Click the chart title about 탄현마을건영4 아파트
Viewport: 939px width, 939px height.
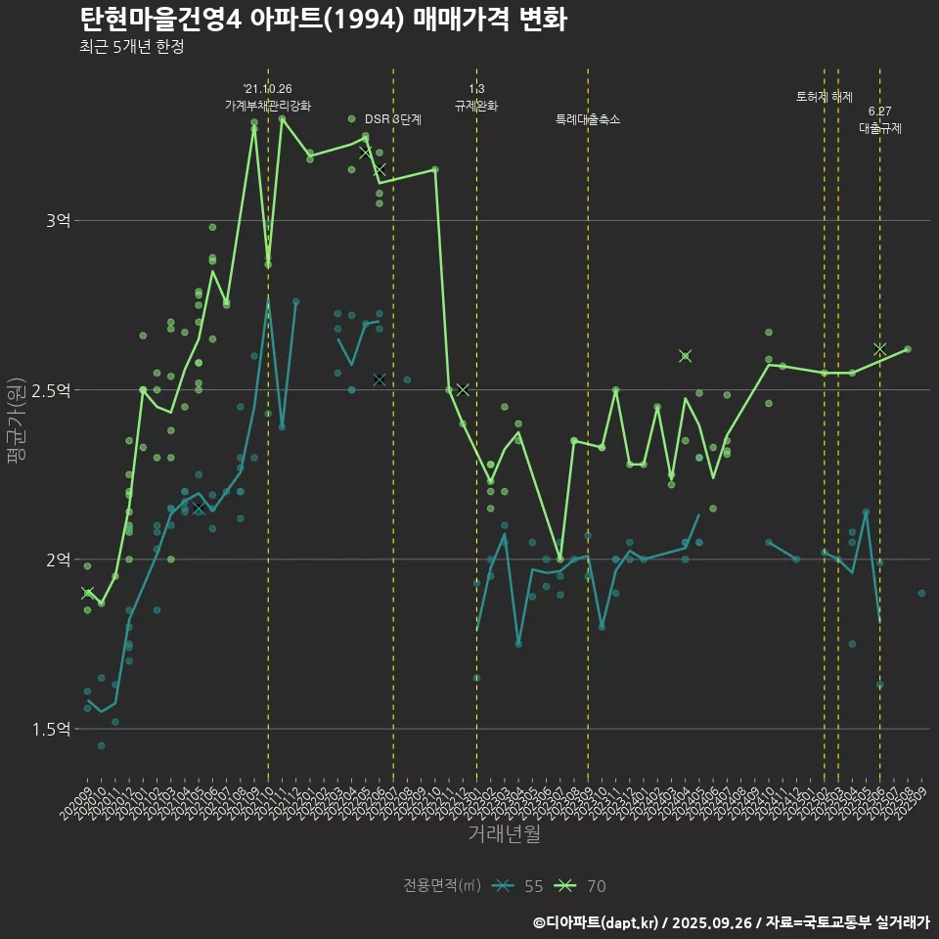pos(323,20)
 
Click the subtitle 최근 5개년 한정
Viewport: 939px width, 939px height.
pos(131,47)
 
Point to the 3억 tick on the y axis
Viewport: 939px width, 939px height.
pos(58,221)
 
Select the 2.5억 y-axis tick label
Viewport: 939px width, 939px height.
pos(52,390)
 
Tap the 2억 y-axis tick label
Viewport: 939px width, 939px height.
pos(58,559)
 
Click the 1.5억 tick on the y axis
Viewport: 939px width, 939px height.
pos(52,729)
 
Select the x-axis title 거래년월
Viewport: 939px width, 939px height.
pos(504,834)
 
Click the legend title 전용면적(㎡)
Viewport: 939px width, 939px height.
pos(442,886)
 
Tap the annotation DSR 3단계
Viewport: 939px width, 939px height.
pos(393,119)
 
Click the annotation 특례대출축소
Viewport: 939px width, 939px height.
pos(588,119)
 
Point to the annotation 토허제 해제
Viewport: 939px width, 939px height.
pos(825,97)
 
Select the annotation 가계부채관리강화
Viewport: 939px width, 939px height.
pos(268,105)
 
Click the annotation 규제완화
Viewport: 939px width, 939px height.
pos(476,105)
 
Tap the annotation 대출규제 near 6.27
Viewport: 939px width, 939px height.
pos(880,127)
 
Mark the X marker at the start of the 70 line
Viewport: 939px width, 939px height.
pos(87,594)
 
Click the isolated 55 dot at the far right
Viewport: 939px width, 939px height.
pos(921,593)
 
